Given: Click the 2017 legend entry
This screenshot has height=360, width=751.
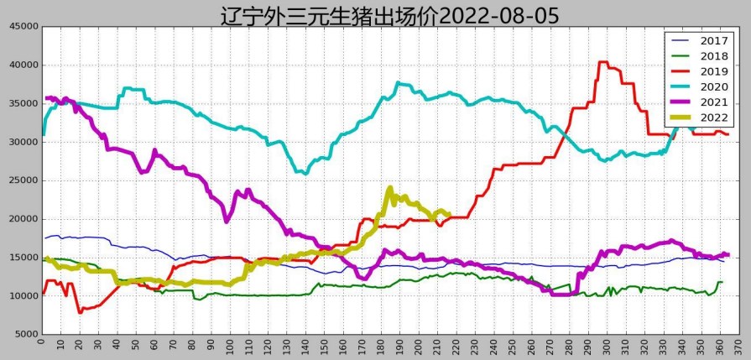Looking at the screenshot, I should click(x=713, y=40).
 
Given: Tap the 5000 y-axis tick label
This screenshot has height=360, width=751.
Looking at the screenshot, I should click(x=22, y=334).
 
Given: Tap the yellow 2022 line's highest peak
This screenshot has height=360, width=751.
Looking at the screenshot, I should click(x=390, y=189).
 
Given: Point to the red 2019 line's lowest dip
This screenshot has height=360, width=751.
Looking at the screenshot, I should click(x=80, y=312).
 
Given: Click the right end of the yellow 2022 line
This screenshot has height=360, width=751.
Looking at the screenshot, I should click(x=449, y=214).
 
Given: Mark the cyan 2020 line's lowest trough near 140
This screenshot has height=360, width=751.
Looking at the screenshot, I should click(x=305, y=173).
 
